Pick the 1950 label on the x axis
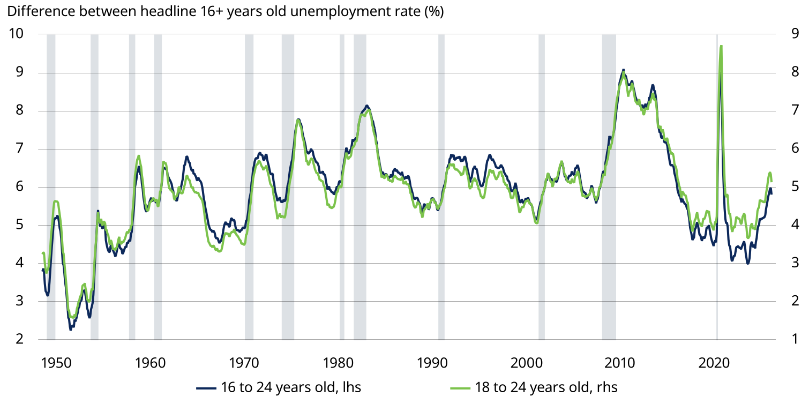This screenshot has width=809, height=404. click(56, 363)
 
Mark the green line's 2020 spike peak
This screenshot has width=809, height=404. click(721, 47)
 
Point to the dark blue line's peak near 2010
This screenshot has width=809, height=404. click(623, 70)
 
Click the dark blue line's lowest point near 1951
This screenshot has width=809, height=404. click(70, 329)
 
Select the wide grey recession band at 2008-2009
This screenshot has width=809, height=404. click(609, 188)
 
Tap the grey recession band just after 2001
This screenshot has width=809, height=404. click(542, 188)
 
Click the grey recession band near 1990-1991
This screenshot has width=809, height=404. click(441, 188)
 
